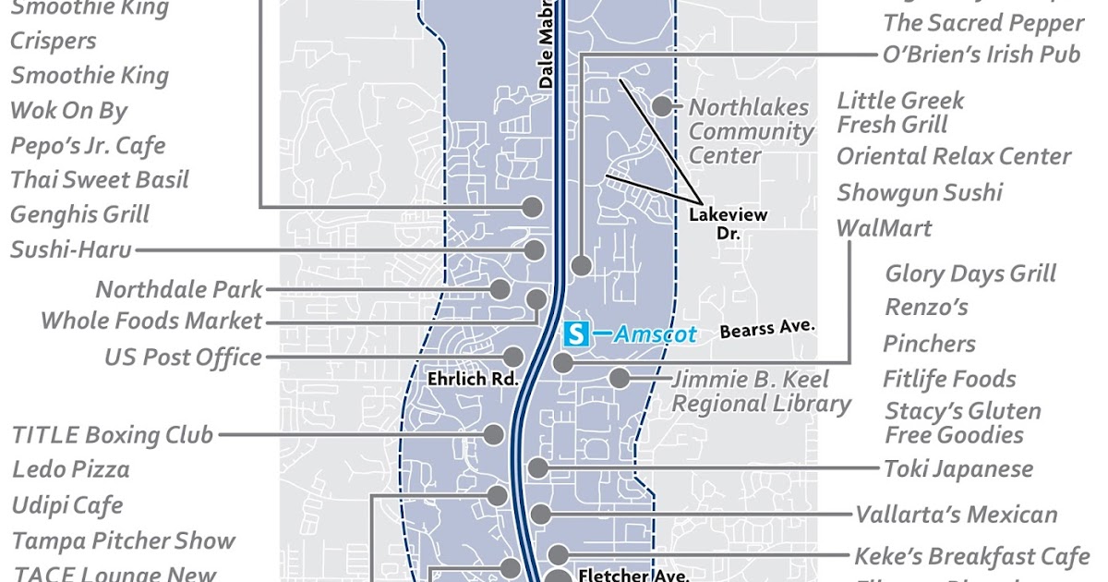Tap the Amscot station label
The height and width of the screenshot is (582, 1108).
tap(656, 333)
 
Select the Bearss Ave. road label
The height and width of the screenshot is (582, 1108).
tap(766, 329)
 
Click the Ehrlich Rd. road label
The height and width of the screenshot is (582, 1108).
tap(472, 379)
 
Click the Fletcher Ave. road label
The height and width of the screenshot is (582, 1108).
tap(633, 575)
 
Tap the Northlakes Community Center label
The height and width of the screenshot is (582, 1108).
tap(751, 131)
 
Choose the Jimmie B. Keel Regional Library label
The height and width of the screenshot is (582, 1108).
tap(761, 392)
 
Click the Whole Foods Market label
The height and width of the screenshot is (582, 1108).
tap(152, 321)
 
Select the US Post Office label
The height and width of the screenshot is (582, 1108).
tap(183, 358)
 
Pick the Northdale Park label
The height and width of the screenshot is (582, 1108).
tap(179, 289)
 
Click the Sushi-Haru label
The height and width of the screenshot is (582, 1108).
tap(71, 249)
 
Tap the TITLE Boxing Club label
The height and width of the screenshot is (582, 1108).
tap(113, 434)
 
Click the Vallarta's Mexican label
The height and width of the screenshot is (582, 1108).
tap(956, 515)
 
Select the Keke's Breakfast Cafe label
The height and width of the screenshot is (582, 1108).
tap(971, 556)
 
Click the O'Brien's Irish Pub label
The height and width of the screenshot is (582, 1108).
tap(981, 54)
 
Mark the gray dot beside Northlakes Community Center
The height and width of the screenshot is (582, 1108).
tap(662, 105)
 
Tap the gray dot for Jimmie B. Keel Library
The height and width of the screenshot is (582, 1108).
tap(619, 378)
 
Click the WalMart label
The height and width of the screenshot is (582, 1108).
tap(884, 227)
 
